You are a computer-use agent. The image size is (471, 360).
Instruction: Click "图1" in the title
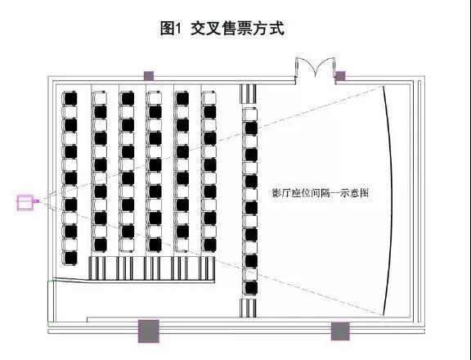click(x=171, y=29)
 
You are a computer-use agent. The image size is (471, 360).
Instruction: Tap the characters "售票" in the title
click(x=237, y=29)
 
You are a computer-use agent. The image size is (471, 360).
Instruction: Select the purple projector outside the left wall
click(x=26, y=203)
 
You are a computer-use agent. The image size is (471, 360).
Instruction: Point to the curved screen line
click(x=390, y=200)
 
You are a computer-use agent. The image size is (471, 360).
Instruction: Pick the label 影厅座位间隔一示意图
click(x=321, y=192)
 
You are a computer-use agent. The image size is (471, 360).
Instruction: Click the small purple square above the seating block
click(x=149, y=76)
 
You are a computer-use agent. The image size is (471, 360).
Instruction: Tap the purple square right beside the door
click(x=340, y=76)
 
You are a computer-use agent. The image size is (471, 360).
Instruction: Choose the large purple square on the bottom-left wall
click(x=148, y=331)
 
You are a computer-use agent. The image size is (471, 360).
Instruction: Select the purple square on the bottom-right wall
click(x=340, y=331)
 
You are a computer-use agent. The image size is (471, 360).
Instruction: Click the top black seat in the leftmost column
click(x=70, y=98)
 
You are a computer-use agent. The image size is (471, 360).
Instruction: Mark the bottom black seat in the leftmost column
click(x=70, y=258)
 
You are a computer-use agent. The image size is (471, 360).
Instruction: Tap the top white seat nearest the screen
click(x=250, y=115)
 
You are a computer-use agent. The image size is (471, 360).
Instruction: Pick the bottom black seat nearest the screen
click(x=250, y=287)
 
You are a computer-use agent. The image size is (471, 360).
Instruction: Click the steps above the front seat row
click(x=248, y=94)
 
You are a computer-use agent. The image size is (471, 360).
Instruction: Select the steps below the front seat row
click(x=248, y=308)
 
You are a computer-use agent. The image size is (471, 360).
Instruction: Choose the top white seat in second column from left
click(x=99, y=98)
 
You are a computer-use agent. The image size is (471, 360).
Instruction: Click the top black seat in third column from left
click(x=127, y=98)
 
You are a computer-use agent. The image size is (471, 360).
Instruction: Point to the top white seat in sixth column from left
click(x=209, y=98)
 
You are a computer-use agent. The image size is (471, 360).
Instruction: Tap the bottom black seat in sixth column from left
click(x=209, y=245)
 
